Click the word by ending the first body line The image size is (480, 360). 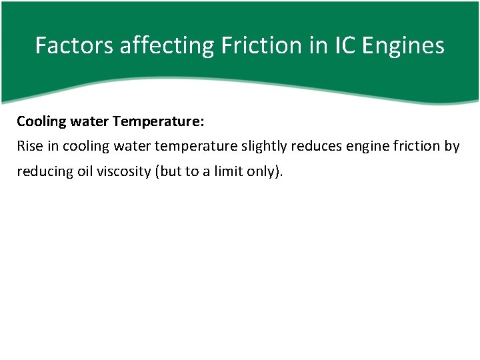pos(452,146)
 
